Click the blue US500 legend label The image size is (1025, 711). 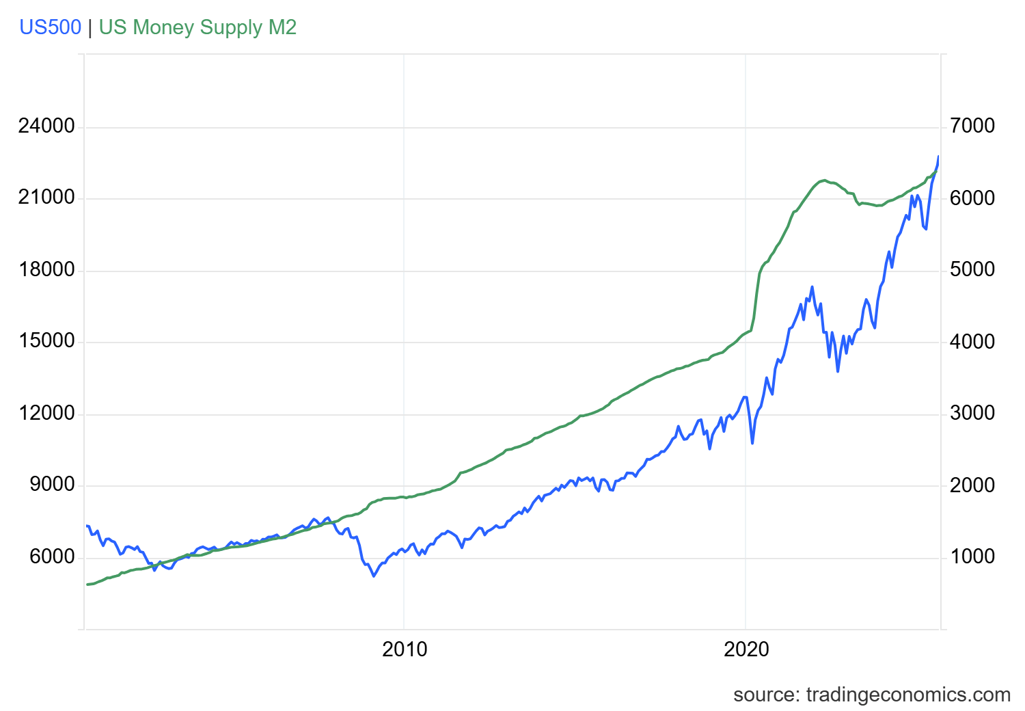[50, 27]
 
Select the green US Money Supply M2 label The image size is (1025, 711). [197, 27]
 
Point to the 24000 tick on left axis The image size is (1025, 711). [46, 126]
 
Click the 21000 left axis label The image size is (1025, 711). [46, 198]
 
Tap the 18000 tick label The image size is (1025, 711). [46, 270]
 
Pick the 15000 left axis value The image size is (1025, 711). [46, 342]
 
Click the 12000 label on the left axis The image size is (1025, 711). [46, 414]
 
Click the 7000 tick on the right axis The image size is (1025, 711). [972, 126]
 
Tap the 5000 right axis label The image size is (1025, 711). [972, 270]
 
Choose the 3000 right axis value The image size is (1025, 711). [972, 414]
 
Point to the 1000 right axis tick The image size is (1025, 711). [972, 557]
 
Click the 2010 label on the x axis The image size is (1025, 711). [405, 649]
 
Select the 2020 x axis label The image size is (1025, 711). [746, 649]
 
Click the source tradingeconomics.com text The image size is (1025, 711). [871, 695]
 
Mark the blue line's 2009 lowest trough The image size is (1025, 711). [374, 576]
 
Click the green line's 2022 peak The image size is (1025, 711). [825, 180]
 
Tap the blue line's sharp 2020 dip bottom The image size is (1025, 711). [752, 443]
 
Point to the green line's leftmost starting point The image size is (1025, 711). [87, 585]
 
